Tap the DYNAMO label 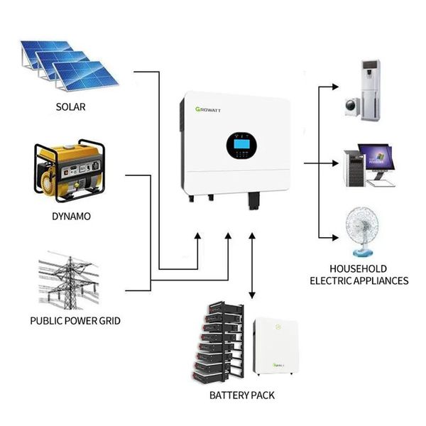[72, 214]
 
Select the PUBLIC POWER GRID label [75, 321]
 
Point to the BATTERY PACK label [242, 395]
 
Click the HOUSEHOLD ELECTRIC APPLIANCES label [359, 275]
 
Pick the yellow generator [70, 171]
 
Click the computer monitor [376, 160]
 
